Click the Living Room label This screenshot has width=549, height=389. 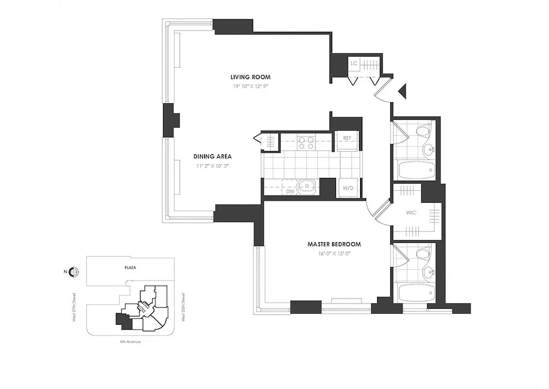tap(250, 77)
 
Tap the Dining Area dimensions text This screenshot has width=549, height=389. tap(212, 166)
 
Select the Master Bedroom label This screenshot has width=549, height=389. tap(334, 244)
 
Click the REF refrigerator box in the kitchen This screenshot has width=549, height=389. tap(347, 139)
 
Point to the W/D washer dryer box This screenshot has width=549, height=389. tap(347, 188)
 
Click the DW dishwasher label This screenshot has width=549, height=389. tap(291, 191)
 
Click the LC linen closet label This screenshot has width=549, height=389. tap(354, 63)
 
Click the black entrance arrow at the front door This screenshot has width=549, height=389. tap(401, 91)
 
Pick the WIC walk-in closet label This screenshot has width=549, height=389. tap(412, 212)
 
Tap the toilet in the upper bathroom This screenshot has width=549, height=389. tap(423, 131)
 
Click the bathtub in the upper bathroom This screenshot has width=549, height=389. tap(416, 171)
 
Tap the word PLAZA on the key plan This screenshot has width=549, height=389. tap(129, 267)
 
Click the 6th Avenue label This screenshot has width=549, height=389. tap(130, 342)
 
